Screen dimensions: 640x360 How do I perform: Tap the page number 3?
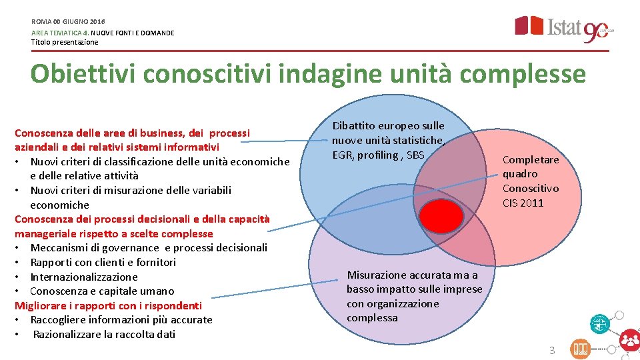coord(551,350)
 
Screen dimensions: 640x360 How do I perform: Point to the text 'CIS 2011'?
coord(523,203)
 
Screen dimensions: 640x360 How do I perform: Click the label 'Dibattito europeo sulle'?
coord(388,125)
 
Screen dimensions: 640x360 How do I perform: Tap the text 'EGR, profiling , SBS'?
coord(378,155)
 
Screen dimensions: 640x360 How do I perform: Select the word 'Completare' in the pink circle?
coord(531,159)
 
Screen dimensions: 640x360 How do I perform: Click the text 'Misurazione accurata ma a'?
coord(413,275)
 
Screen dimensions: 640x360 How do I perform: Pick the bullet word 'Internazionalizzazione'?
coord(84,277)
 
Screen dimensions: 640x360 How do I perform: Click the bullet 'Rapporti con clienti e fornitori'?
coord(103,262)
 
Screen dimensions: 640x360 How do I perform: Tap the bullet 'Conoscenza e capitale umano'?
coord(102,291)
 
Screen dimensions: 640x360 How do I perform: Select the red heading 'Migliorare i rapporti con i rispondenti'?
coord(108,305)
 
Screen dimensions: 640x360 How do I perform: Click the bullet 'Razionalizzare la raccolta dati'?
coord(104,334)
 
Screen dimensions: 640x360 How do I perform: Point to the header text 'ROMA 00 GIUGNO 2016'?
coord(68,22)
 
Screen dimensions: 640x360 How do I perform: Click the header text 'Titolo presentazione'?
coord(65,42)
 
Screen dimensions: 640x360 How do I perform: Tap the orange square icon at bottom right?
coord(579,349)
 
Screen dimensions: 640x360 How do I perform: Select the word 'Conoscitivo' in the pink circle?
coord(531,188)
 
